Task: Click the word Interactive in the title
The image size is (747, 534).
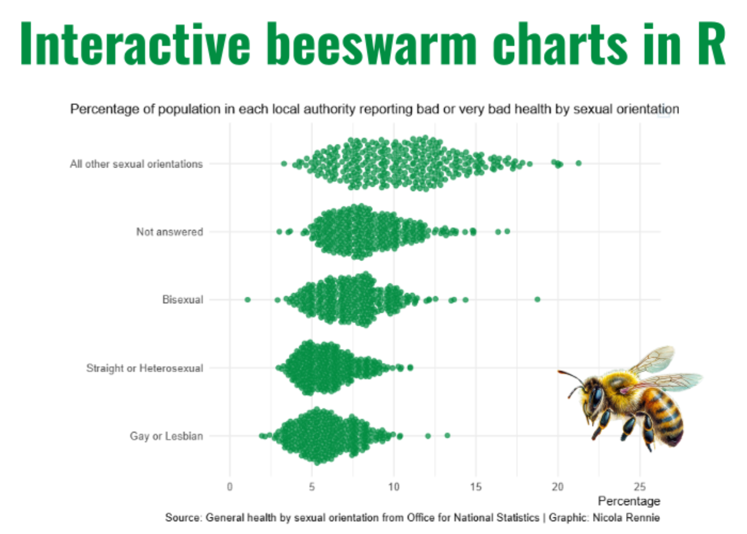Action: [x=135, y=44]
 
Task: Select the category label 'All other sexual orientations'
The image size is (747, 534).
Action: [x=136, y=164]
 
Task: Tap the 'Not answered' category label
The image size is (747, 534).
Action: [x=170, y=232]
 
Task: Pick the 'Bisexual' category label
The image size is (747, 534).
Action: [x=183, y=300]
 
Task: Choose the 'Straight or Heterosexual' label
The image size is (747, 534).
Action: [x=145, y=368]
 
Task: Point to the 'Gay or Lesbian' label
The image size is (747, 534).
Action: [x=166, y=436]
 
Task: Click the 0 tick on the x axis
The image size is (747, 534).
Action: [x=230, y=487]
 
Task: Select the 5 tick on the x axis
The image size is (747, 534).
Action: [x=312, y=487]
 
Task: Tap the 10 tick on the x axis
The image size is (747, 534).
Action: [x=394, y=487]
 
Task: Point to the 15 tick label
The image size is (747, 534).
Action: [x=476, y=487]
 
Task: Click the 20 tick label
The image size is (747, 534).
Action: [x=558, y=487]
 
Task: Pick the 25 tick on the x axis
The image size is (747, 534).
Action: [x=640, y=487]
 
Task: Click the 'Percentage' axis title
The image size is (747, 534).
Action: [x=629, y=501]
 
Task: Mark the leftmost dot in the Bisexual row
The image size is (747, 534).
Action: [x=247, y=300]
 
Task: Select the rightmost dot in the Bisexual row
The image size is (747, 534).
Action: [x=537, y=299]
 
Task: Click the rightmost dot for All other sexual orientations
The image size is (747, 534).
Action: [x=579, y=163]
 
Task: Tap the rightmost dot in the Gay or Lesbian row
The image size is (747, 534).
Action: [x=447, y=435]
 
